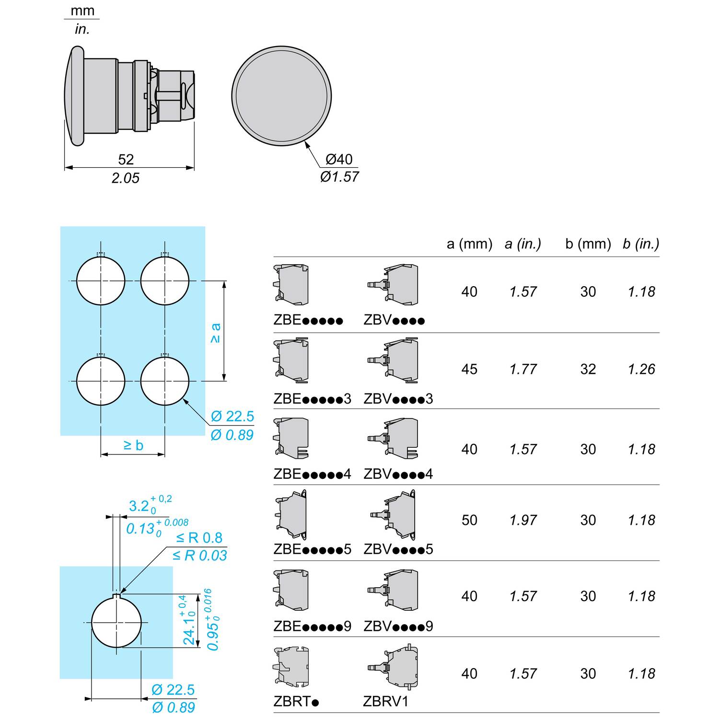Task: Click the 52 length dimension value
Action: pos(126,159)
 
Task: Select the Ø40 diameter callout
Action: pos(339,159)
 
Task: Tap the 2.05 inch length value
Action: pos(126,178)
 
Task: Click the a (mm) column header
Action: pos(470,244)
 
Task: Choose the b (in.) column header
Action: pos(641,244)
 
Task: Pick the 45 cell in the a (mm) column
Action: pos(469,369)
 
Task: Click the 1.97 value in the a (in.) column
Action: pos(523,520)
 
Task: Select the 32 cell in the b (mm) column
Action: pos(588,369)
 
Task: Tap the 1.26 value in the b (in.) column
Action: pos(641,369)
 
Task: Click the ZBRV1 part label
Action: pos(386,701)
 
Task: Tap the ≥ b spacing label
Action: pos(133,445)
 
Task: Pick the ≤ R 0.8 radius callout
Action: pos(199,538)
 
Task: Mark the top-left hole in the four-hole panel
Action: pos(101,281)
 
